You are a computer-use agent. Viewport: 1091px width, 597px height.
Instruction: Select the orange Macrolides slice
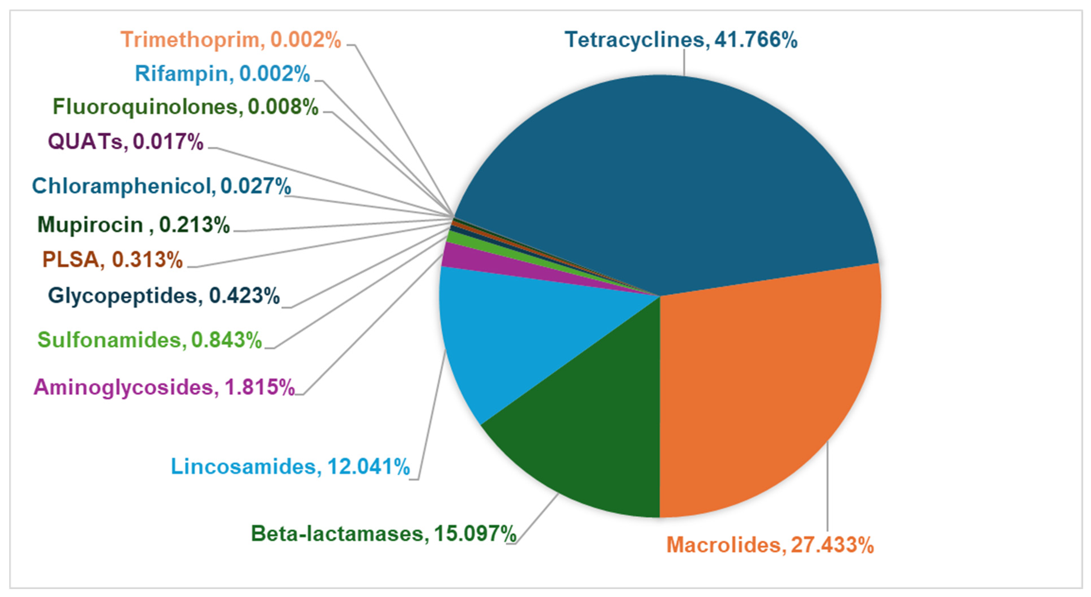(x=762, y=381)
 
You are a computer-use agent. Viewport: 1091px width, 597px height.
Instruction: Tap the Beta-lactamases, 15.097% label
(x=383, y=534)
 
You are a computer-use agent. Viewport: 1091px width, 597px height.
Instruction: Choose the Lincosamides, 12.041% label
(x=290, y=467)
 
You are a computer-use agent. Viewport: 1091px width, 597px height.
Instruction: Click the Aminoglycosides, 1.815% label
(x=164, y=387)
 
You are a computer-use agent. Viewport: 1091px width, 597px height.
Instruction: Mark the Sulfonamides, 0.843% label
(x=150, y=340)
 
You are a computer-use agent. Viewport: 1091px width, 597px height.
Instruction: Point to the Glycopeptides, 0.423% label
(x=163, y=296)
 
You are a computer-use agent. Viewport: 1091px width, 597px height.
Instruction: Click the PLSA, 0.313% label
(x=112, y=260)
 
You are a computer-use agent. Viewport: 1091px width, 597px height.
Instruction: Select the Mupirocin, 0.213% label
(x=133, y=225)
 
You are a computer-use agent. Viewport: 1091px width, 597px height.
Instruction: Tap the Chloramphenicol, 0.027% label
(x=161, y=186)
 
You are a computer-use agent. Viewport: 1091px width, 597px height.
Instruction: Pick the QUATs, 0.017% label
(x=126, y=141)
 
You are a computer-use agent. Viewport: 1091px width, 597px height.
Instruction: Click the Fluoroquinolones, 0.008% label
(x=185, y=107)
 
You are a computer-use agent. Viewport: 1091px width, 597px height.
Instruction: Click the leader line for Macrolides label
(x=827, y=487)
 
